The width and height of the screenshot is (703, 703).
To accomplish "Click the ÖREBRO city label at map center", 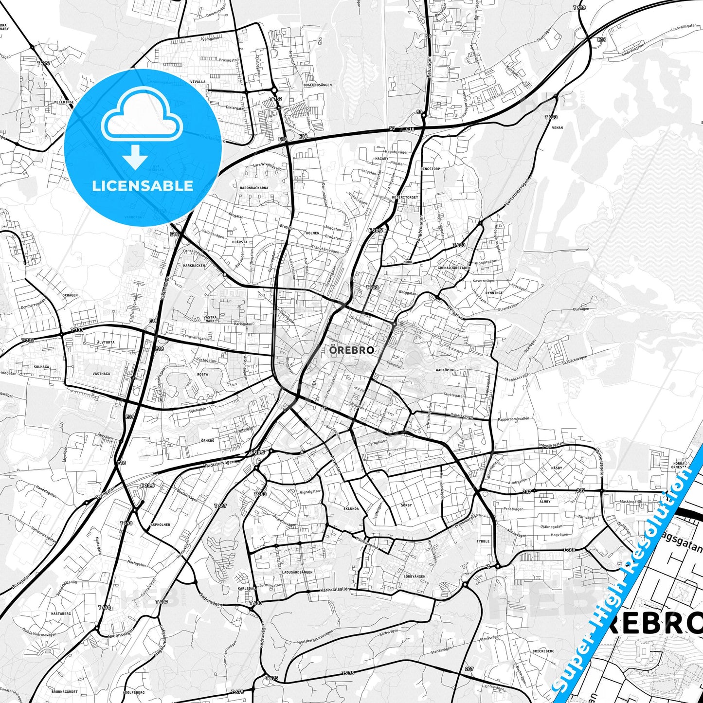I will (x=351, y=350).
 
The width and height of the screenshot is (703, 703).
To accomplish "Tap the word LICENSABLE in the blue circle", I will (x=143, y=185).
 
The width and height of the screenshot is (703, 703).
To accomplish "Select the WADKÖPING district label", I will (x=446, y=370).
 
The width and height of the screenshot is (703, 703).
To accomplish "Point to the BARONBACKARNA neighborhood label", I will (x=254, y=187).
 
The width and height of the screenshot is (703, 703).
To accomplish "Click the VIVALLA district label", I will (x=198, y=82).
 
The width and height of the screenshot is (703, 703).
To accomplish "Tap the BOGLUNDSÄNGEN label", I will (x=317, y=85).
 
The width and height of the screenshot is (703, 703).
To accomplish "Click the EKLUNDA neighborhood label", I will (x=351, y=508).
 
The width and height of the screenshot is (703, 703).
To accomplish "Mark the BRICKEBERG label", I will (x=543, y=651).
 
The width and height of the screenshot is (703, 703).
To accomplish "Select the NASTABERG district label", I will (x=61, y=613).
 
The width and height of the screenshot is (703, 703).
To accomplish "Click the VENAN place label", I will (x=557, y=127).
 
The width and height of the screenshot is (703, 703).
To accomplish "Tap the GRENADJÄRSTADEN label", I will (x=454, y=268).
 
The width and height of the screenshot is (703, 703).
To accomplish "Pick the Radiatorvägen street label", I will (x=219, y=463).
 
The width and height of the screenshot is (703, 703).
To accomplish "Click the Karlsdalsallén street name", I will (x=336, y=590).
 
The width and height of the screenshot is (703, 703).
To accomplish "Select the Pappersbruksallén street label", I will (x=513, y=419).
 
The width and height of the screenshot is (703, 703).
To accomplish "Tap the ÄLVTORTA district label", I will (x=106, y=342).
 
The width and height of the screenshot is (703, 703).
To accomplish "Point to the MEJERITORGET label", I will (x=405, y=198).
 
